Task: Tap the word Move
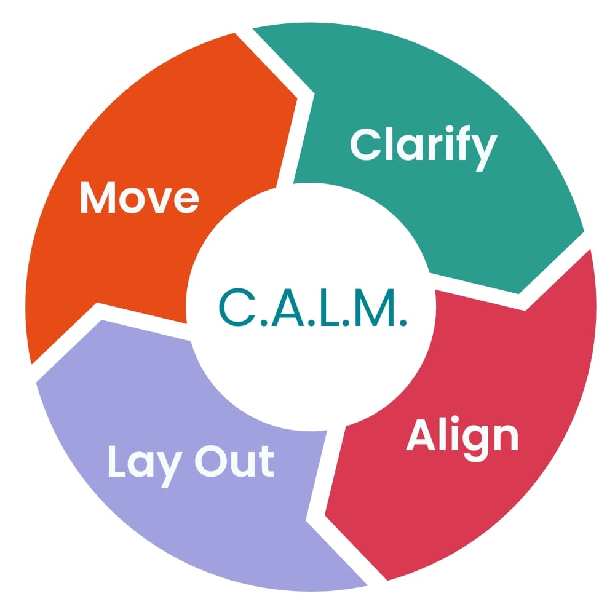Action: (x=140, y=198)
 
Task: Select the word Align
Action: (x=462, y=437)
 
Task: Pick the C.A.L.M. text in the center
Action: (x=313, y=307)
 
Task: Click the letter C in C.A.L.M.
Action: (x=234, y=307)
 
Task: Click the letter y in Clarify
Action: (x=483, y=150)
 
